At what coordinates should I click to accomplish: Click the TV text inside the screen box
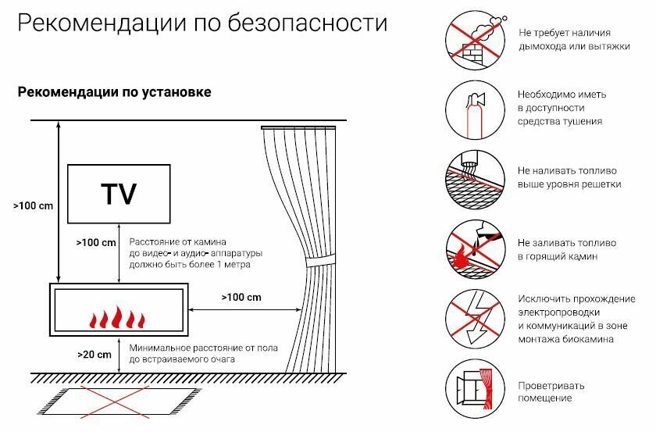[118, 193]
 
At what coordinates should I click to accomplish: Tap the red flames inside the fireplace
[118, 319]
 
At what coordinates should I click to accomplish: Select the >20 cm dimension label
[94, 354]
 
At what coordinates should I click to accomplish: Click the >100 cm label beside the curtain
[241, 298]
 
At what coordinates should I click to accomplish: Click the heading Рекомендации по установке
[114, 93]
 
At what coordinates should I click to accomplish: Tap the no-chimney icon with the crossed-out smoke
[472, 40]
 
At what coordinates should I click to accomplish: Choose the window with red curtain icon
[472, 385]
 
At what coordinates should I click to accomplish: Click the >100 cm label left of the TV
[34, 206]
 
